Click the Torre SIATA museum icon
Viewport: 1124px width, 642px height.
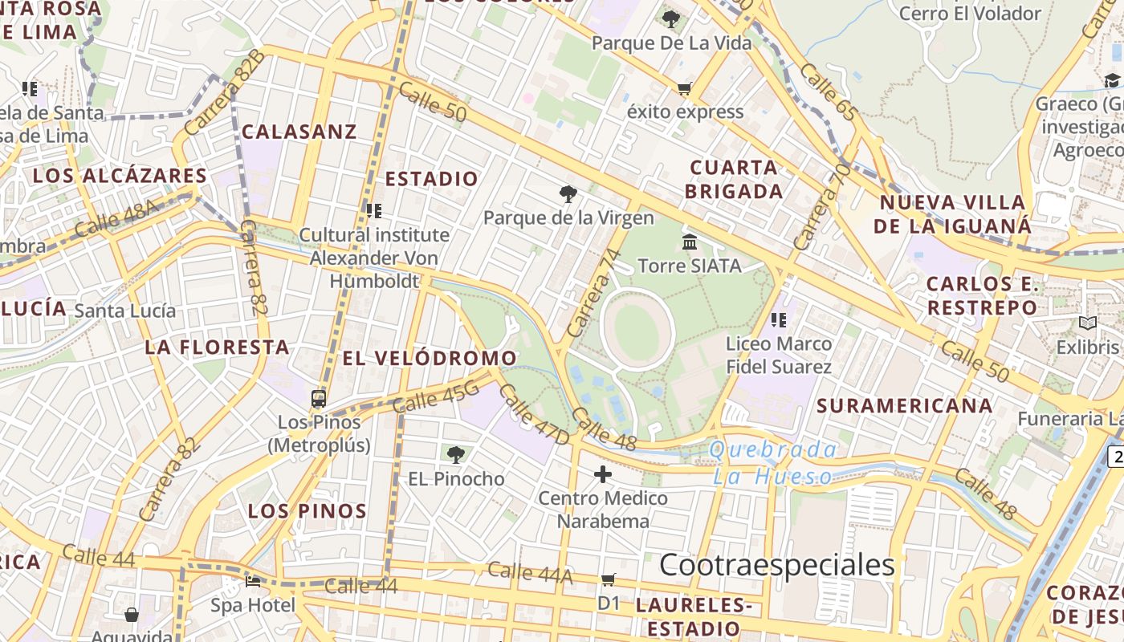pyautogui.click(x=689, y=242)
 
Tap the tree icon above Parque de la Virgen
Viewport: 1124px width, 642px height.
pyautogui.click(x=568, y=193)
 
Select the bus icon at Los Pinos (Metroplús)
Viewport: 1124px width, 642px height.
pyautogui.click(x=319, y=398)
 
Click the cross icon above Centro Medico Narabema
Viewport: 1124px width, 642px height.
pyautogui.click(x=603, y=474)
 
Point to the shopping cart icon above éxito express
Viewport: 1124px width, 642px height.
pyautogui.click(x=684, y=88)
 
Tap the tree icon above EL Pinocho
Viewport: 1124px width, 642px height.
pyautogui.click(x=456, y=455)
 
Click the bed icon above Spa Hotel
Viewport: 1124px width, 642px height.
pyautogui.click(x=253, y=581)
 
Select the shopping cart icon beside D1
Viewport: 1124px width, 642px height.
pyautogui.click(x=609, y=579)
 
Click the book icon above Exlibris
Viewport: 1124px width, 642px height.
pyautogui.click(x=1088, y=323)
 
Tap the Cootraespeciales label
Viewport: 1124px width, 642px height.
pyautogui.click(x=776, y=565)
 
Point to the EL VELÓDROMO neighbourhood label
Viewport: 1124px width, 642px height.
pyautogui.click(x=430, y=359)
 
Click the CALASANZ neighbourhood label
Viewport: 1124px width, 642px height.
pyautogui.click(x=299, y=132)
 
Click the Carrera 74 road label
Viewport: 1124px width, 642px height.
pyautogui.click(x=595, y=293)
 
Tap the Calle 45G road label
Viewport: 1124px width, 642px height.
pyautogui.click(x=436, y=396)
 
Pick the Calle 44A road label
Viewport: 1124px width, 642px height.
pyautogui.click(x=530, y=572)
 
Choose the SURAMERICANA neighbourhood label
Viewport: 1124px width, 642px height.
pyautogui.click(x=905, y=405)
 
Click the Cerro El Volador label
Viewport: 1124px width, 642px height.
pyautogui.click(x=970, y=14)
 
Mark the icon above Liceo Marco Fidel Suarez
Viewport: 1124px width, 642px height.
pyautogui.click(x=778, y=320)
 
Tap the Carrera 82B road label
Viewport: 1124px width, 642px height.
pyautogui.click(x=224, y=92)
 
